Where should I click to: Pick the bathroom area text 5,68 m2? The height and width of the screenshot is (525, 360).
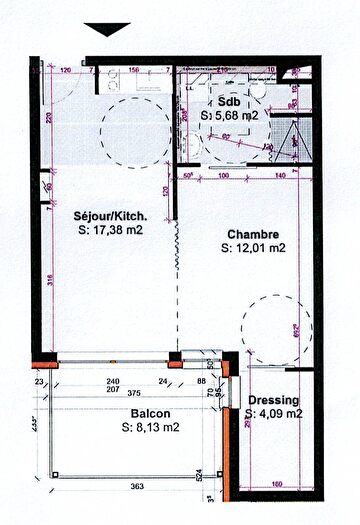235,117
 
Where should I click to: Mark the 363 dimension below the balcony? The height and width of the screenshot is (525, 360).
136,487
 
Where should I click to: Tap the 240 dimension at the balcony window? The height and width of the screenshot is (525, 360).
112,381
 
